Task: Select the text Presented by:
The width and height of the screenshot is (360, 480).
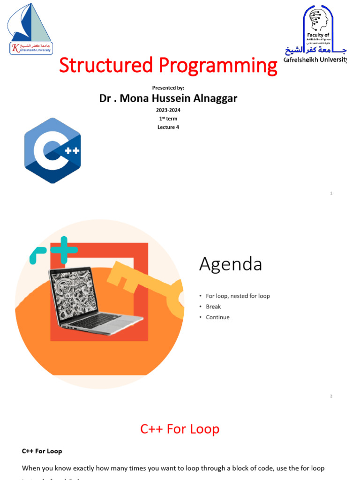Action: point(168,88)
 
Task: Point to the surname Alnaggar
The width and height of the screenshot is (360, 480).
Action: point(214,98)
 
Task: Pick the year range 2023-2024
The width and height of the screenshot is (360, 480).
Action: point(168,110)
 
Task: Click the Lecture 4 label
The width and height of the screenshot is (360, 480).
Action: point(168,127)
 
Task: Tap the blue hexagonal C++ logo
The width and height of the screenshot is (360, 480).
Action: point(52,150)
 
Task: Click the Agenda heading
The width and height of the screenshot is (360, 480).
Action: point(230,265)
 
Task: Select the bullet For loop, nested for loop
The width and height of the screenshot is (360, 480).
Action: point(238,296)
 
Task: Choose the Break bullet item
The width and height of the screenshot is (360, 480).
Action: point(213,307)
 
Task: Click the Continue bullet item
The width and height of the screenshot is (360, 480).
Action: point(217,317)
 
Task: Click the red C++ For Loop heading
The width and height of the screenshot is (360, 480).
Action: point(180,429)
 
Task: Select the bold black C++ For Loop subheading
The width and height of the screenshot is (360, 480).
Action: point(42,451)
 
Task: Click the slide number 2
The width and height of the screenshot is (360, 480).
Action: point(331,397)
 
